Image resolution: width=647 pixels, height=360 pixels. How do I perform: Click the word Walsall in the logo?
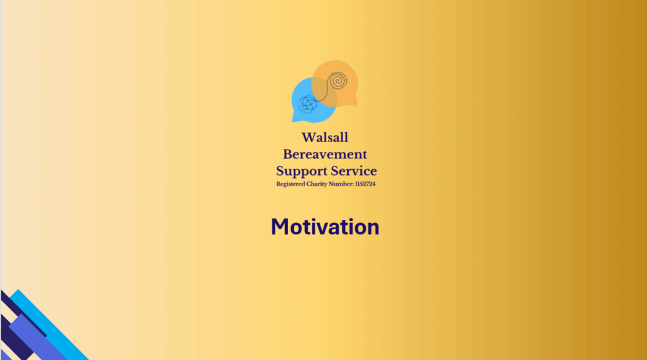pyautogui.click(x=325, y=137)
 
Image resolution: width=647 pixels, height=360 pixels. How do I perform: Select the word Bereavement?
pyautogui.click(x=325, y=154)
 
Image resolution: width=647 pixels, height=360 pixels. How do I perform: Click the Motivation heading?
pyautogui.click(x=325, y=227)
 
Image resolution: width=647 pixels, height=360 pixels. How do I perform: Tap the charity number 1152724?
pyautogui.click(x=365, y=184)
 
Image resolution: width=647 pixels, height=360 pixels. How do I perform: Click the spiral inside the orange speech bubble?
pyautogui.click(x=338, y=80)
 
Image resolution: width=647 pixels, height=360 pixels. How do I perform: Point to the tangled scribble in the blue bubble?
pyautogui.click(x=308, y=104)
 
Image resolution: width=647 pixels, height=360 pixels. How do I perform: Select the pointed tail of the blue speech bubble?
pyautogui.click(x=296, y=119)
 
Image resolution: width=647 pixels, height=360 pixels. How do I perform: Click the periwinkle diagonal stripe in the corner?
pyautogui.click(x=37, y=338)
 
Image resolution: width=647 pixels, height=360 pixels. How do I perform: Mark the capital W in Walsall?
pyautogui.click(x=310, y=137)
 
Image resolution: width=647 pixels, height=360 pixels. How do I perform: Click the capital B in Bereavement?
pyautogui.click(x=288, y=154)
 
